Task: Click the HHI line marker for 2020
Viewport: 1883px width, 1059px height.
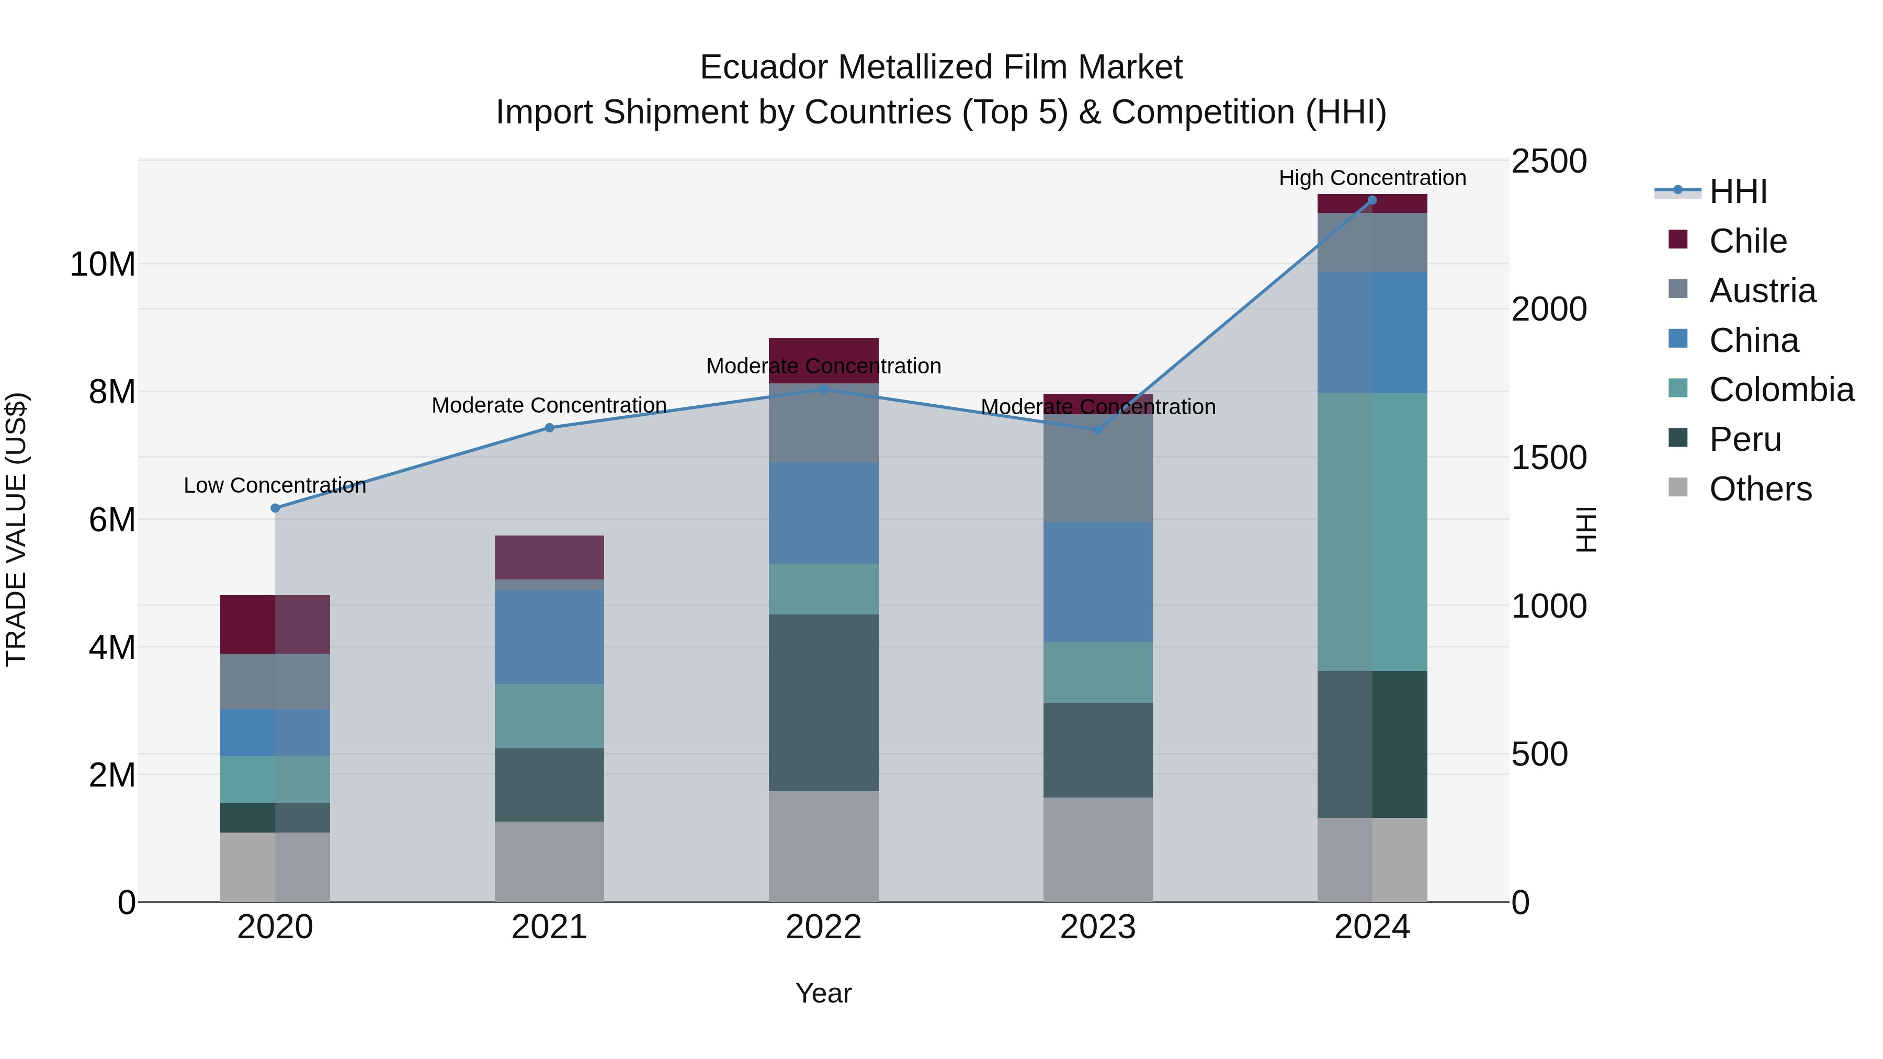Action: pos(275,508)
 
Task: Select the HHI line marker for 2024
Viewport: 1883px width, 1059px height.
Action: pos(1372,200)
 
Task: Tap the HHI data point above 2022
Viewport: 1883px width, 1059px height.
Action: pos(824,390)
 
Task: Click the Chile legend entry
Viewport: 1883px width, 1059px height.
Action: pos(1747,241)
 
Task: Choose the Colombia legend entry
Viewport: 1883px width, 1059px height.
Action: pos(1780,390)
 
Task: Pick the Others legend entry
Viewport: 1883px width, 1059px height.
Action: pos(1760,489)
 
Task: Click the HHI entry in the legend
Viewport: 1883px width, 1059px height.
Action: pos(1738,191)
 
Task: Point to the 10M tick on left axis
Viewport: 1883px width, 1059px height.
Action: pos(103,264)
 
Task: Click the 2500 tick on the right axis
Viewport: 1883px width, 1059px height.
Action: pos(1548,162)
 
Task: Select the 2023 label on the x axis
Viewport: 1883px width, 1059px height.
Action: pos(1097,927)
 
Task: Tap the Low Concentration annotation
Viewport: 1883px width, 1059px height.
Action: pos(275,485)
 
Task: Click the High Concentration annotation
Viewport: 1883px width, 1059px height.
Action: pos(1372,178)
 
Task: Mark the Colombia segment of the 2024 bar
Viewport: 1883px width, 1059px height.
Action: pos(1372,532)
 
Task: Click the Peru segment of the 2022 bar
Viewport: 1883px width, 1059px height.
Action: pos(824,702)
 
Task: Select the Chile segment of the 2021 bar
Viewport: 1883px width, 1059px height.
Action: pos(549,557)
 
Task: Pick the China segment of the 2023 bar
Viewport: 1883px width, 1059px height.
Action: pos(1097,582)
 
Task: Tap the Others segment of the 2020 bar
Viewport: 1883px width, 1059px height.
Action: pos(275,867)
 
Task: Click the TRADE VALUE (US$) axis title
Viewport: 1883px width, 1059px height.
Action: pos(16,529)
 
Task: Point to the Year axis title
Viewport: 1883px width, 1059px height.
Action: pos(823,993)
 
